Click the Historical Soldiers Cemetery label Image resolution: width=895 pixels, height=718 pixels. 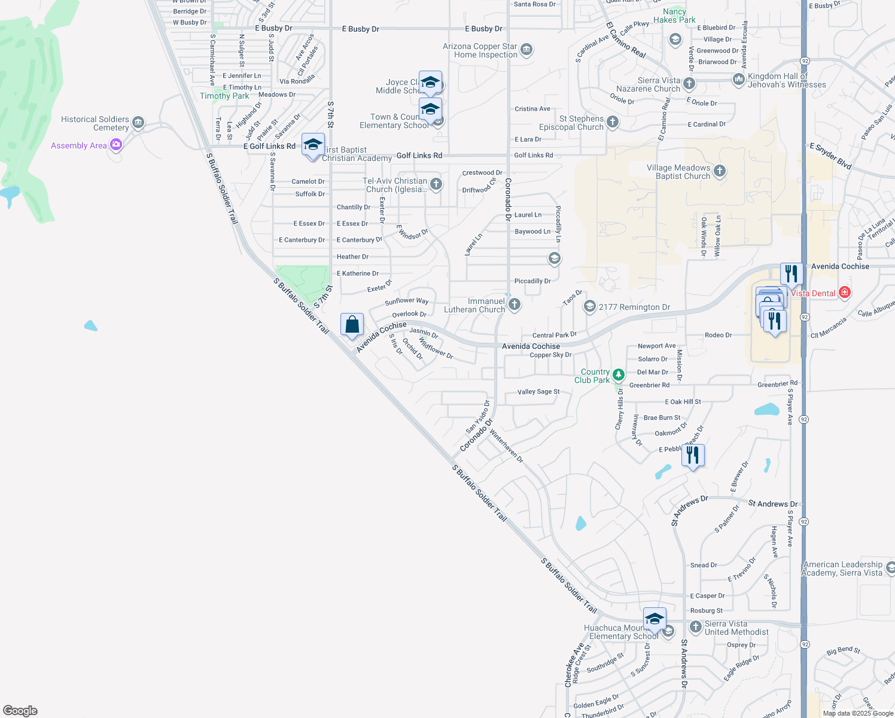[95, 123]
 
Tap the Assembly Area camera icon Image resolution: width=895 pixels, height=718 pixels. [116, 145]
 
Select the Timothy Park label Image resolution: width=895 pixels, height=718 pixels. [224, 96]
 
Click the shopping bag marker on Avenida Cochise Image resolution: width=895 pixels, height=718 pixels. [352, 325]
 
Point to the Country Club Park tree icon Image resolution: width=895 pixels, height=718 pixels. [619, 375]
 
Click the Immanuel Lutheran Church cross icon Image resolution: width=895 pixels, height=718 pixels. [515, 305]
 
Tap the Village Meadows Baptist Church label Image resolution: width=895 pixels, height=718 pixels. [678, 172]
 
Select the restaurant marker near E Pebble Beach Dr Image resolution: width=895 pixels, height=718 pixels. [693, 456]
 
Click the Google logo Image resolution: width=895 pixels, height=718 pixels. [20, 711]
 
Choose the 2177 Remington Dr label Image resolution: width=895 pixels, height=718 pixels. [634, 307]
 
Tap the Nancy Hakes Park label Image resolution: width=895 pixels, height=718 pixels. [674, 16]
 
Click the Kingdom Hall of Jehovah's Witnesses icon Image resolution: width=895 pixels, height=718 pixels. [738, 79]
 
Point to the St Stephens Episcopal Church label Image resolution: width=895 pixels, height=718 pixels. [572, 123]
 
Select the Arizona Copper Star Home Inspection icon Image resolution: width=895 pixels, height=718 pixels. [526, 49]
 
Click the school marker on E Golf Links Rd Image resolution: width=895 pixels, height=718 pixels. [313, 145]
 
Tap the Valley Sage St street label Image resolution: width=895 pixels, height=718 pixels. [538, 392]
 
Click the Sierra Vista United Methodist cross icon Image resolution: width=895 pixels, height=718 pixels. [695, 626]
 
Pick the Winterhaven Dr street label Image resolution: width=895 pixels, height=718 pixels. [506, 446]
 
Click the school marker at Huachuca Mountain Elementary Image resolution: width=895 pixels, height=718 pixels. [654, 619]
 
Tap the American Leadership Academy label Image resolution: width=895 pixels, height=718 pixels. [842, 568]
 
